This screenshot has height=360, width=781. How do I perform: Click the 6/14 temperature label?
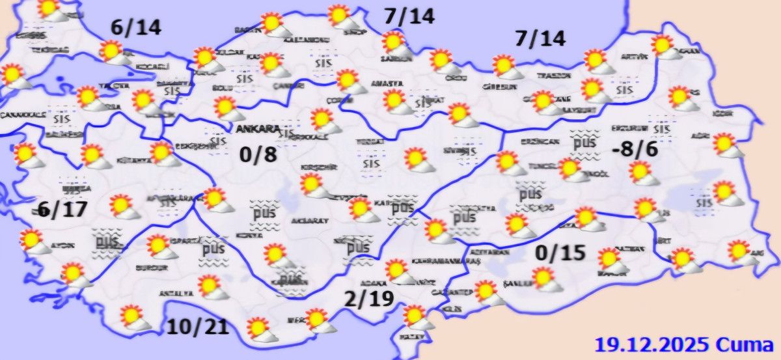click(136, 28)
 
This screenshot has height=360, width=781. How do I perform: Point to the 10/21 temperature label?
click(198, 325)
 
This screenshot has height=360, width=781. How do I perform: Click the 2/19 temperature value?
click(369, 299)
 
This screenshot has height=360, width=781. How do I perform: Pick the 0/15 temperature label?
click(558, 251)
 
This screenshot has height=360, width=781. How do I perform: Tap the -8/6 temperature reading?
click(635, 149)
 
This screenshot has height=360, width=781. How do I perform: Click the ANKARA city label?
click(258, 128)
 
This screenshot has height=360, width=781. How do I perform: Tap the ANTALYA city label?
click(174, 294)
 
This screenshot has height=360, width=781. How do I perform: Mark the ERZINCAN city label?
click(540, 141)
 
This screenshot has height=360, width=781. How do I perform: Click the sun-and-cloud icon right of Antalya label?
click(213, 286)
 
